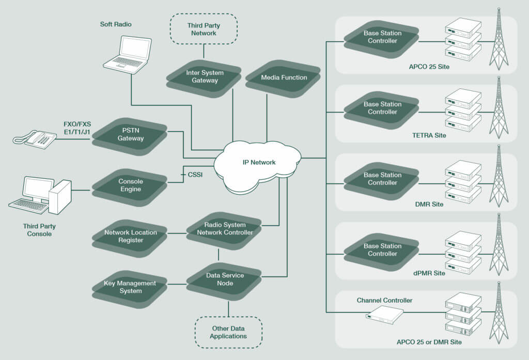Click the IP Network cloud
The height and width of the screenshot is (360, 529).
tap(259, 163)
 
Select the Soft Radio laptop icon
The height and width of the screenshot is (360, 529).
tap(127, 53)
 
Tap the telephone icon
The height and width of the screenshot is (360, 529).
tap(36, 138)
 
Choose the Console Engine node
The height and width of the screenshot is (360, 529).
tap(130, 185)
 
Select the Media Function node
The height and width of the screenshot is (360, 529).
tap(283, 77)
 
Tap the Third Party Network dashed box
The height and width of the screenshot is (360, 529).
tap(203, 29)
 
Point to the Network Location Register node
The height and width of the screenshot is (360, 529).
tap(130, 236)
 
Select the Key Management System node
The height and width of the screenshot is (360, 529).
tap(130, 287)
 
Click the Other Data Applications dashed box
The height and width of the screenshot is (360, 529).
tap(228, 332)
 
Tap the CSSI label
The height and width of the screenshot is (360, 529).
tap(195, 175)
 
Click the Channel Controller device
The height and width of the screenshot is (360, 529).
tap(384, 313)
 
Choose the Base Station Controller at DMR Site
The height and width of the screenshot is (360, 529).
tap(382, 179)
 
